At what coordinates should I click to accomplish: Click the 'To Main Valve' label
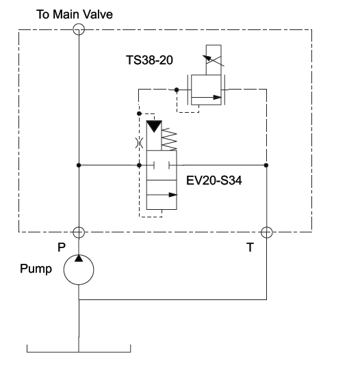pyautogui.click(x=75, y=14)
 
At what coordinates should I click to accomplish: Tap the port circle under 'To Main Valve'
pyautogui.click(x=79, y=29)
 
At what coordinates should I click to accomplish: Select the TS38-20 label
pyautogui.click(x=149, y=60)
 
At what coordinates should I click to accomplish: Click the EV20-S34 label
pyautogui.click(x=214, y=180)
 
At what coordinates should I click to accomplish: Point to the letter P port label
pyautogui.click(x=62, y=247)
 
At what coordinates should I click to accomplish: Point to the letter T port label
pyautogui.click(x=250, y=247)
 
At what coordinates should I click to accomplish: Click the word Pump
pyautogui.click(x=36, y=269)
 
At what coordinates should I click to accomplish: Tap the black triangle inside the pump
pyautogui.click(x=79, y=258)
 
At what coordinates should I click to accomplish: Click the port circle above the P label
pyautogui.click(x=79, y=232)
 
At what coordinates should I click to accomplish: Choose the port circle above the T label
pyautogui.click(x=266, y=232)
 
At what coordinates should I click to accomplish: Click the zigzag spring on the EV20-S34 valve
pyautogui.click(x=169, y=139)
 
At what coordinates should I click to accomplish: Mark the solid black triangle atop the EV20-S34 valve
pyautogui.click(x=154, y=126)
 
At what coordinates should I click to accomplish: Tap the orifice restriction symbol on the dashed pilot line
pyautogui.click(x=139, y=143)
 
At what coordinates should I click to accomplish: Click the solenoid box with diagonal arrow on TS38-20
pyautogui.click(x=214, y=60)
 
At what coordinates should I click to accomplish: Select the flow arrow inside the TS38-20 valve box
pyautogui.click(x=207, y=97)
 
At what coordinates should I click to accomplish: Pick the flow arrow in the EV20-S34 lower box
pyautogui.click(x=162, y=195)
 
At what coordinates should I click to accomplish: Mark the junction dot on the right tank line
pyautogui.click(x=266, y=165)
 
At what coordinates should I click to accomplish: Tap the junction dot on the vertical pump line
pyautogui.click(x=79, y=165)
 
